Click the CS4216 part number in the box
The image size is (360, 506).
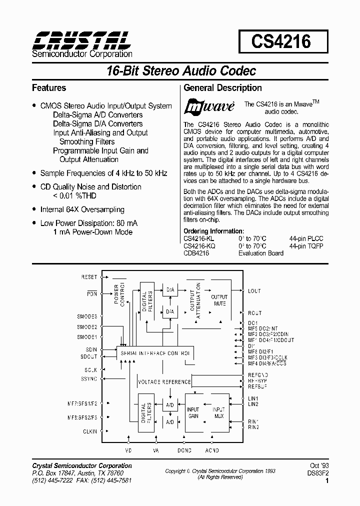pos(280,41)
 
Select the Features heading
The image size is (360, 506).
pos(49,88)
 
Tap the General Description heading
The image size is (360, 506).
pos(223,88)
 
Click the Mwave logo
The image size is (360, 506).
pos(209,107)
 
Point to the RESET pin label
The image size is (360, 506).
pos(88,276)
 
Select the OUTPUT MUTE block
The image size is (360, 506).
pos(219,300)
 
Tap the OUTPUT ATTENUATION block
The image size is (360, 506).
pos(194,300)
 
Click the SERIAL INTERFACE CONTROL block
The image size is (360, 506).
pos(154,352)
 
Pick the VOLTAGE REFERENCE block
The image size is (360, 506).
pos(164,381)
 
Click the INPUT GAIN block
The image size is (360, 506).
pos(193,412)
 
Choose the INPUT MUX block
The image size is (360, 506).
pos(218,412)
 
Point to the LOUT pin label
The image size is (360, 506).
pos(254,291)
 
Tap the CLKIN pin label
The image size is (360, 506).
pos(90,431)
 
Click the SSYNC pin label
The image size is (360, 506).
pos(89,379)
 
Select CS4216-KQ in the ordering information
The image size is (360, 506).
pos(200,246)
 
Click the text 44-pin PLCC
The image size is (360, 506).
pos(306,239)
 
